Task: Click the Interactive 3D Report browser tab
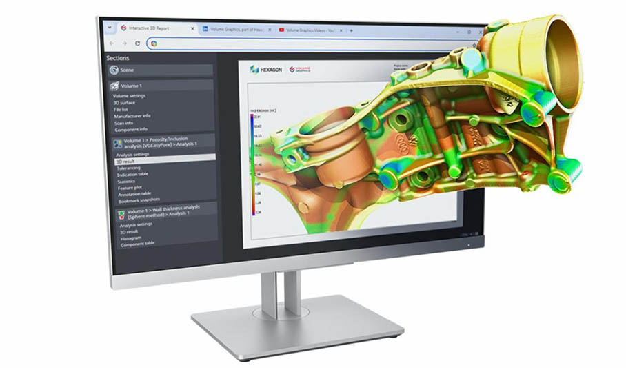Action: [148, 28]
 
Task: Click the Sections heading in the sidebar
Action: [118, 58]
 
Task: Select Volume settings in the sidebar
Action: [129, 96]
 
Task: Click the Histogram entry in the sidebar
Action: [131, 238]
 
